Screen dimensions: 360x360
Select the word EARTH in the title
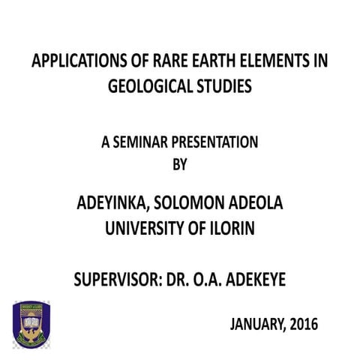coord(214,63)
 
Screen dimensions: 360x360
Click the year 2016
coord(304,325)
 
